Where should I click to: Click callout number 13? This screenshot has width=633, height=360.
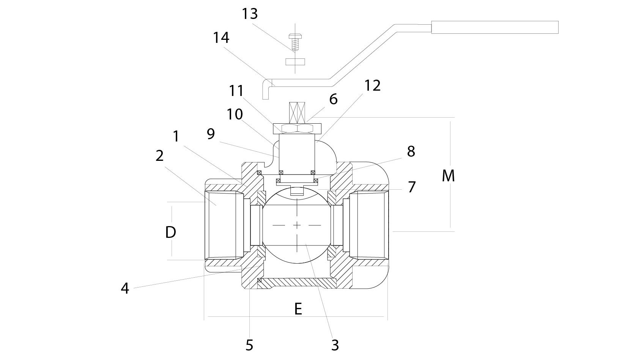pyautogui.click(x=250, y=14)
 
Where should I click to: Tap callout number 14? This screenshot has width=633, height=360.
pyautogui.click(x=221, y=38)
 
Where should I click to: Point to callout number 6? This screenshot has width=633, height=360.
pyautogui.click(x=333, y=99)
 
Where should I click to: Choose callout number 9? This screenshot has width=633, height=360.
pyautogui.click(x=211, y=134)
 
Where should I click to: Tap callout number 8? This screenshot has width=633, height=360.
pyautogui.click(x=411, y=151)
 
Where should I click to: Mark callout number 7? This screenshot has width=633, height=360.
pyautogui.click(x=412, y=187)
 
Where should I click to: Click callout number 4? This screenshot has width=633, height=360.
pyautogui.click(x=125, y=289)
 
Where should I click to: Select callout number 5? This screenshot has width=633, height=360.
pyautogui.click(x=249, y=345)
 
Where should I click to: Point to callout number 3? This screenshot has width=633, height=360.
pyautogui.click(x=335, y=345)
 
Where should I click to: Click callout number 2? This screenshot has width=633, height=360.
pyautogui.click(x=159, y=156)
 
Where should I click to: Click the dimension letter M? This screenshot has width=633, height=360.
pyautogui.click(x=448, y=176)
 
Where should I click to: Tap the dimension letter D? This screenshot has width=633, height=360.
pyautogui.click(x=171, y=232)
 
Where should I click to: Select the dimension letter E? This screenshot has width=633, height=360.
pyautogui.click(x=298, y=309)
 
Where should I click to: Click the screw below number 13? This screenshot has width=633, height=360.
pyautogui.click(x=294, y=42)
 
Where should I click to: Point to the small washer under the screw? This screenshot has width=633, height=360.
pyautogui.click(x=295, y=61)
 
